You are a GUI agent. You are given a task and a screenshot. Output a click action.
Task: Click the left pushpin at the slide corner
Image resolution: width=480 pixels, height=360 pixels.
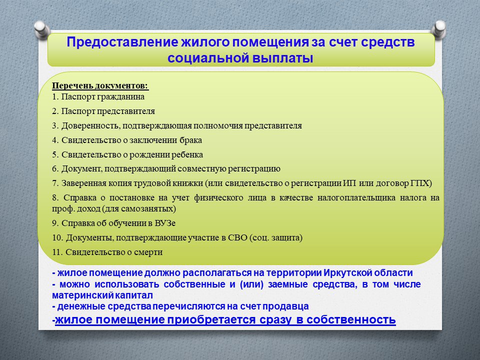point(42,30)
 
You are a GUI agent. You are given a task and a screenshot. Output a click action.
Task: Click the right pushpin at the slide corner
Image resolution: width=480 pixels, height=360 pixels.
point(438,29)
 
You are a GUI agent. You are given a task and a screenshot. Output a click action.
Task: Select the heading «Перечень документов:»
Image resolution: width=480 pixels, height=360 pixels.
point(100,85)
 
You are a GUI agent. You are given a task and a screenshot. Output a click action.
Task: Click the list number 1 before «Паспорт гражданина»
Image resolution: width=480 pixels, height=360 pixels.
point(55,96)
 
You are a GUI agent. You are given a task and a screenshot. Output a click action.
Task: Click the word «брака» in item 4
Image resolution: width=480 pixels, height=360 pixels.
point(191,140)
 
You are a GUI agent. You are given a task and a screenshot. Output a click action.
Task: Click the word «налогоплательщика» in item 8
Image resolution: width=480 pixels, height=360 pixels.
point(356,198)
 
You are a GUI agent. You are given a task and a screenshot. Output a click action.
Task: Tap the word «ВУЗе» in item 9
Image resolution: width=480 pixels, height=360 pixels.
point(165,223)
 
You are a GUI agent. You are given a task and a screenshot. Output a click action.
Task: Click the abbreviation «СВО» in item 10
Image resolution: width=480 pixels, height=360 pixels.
point(238,237)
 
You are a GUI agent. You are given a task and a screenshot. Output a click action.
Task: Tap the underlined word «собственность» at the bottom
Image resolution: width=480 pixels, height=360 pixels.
point(351,319)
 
